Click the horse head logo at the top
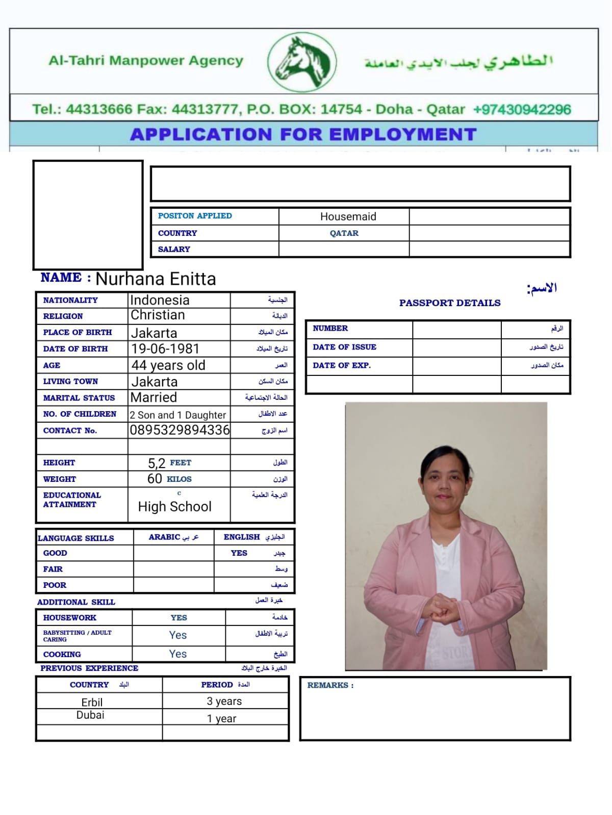[x=302, y=62]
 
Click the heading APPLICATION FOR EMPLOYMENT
[x=303, y=134]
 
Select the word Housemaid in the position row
[x=348, y=216]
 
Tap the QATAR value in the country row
[x=344, y=233]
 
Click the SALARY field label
[x=174, y=249]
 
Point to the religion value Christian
[x=158, y=315]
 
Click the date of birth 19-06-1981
[x=165, y=349]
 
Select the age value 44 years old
[x=168, y=365]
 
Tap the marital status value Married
[x=154, y=397]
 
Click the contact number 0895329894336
[x=180, y=430]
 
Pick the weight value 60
[x=155, y=479]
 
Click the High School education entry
[x=174, y=507]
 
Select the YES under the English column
[x=239, y=553]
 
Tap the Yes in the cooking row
[x=178, y=654]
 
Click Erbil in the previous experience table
[x=92, y=702]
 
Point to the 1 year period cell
[x=222, y=719]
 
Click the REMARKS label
[x=330, y=686]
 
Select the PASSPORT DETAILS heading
[x=450, y=303]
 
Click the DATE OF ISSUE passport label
[x=344, y=347]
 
